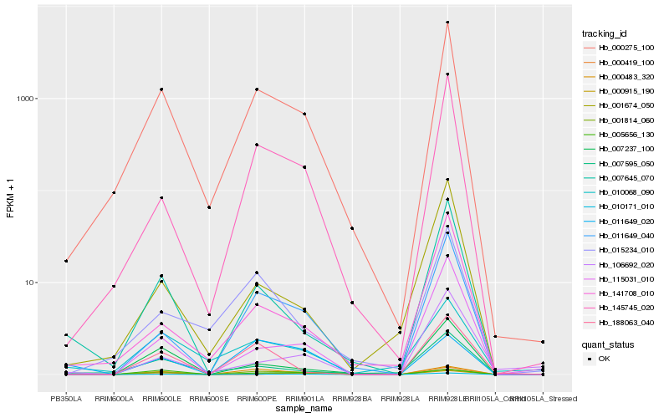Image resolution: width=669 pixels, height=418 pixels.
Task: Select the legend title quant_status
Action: click(607, 344)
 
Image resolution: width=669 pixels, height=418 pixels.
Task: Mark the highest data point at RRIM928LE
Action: click(447, 23)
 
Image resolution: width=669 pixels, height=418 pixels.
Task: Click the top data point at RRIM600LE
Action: click(161, 89)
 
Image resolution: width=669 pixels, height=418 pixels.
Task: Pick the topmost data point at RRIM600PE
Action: click(257, 89)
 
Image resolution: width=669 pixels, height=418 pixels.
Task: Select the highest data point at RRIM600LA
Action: click(114, 193)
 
